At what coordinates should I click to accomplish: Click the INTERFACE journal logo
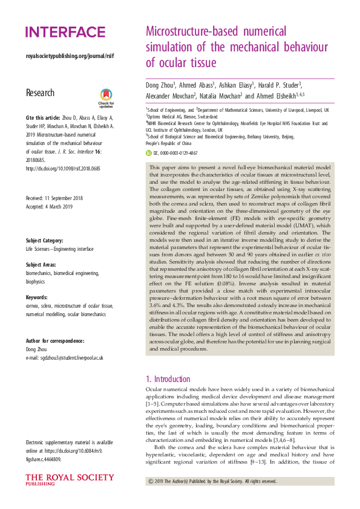coord(65,32)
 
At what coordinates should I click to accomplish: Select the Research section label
coord(40,93)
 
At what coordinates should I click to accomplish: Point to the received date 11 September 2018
coord(54,198)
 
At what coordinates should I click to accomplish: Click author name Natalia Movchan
coord(227,96)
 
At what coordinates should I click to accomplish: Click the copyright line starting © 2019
coord(212,481)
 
